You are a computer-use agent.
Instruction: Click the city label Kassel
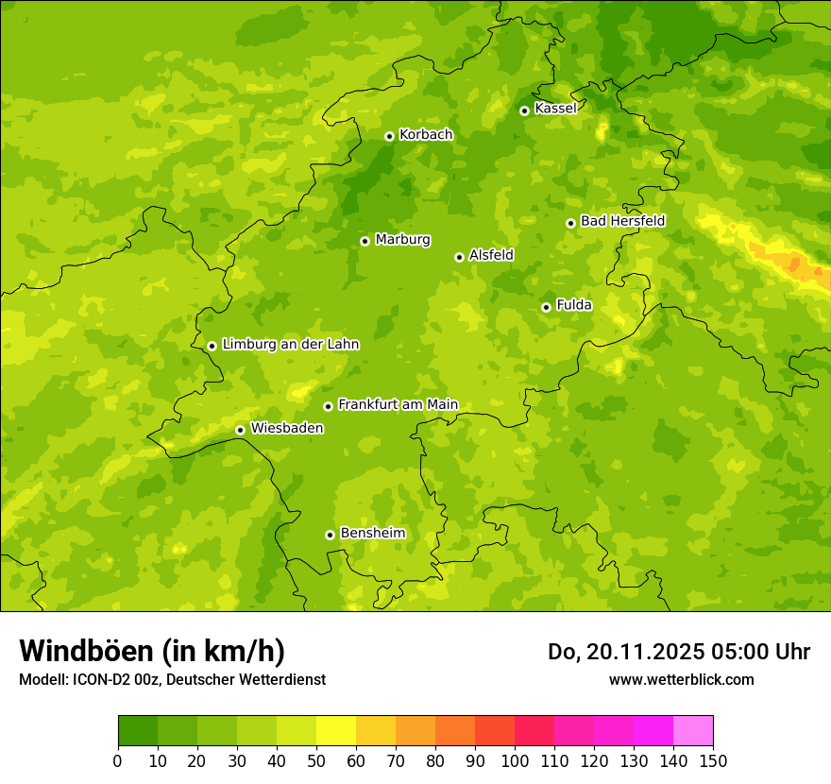pyautogui.click(x=555, y=109)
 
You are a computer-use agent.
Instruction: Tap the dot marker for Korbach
pyautogui.click(x=389, y=136)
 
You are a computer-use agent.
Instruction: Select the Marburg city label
pyautogui.click(x=402, y=240)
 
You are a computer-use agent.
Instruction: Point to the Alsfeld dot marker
pyautogui.click(x=459, y=257)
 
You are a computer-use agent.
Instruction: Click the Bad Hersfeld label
pyautogui.click(x=622, y=221)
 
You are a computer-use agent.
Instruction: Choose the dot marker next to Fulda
pyautogui.click(x=546, y=307)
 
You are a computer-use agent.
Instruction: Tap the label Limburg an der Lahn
pyautogui.click(x=290, y=345)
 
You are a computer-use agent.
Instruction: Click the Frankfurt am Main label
pyautogui.click(x=398, y=404)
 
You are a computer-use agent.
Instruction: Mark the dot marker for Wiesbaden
pyautogui.click(x=240, y=430)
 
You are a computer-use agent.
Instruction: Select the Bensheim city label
pyautogui.click(x=372, y=533)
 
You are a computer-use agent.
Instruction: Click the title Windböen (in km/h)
pyautogui.click(x=152, y=651)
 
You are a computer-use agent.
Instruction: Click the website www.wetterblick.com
pyautogui.click(x=681, y=679)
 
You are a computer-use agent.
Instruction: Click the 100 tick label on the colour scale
pyautogui.click(x=515, y=760)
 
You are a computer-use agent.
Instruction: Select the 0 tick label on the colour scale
pyautogui.click(x=118, y=760)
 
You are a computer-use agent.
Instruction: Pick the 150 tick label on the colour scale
pyautogui.click(x=713, y=760)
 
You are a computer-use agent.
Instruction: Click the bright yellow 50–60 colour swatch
pyautogui.click(x=336, y=730)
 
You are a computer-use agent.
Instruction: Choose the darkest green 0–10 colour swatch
pyautogui.click(x=138, y=730)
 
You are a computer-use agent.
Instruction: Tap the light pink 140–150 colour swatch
pyautogui.click(x=693, y=730)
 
